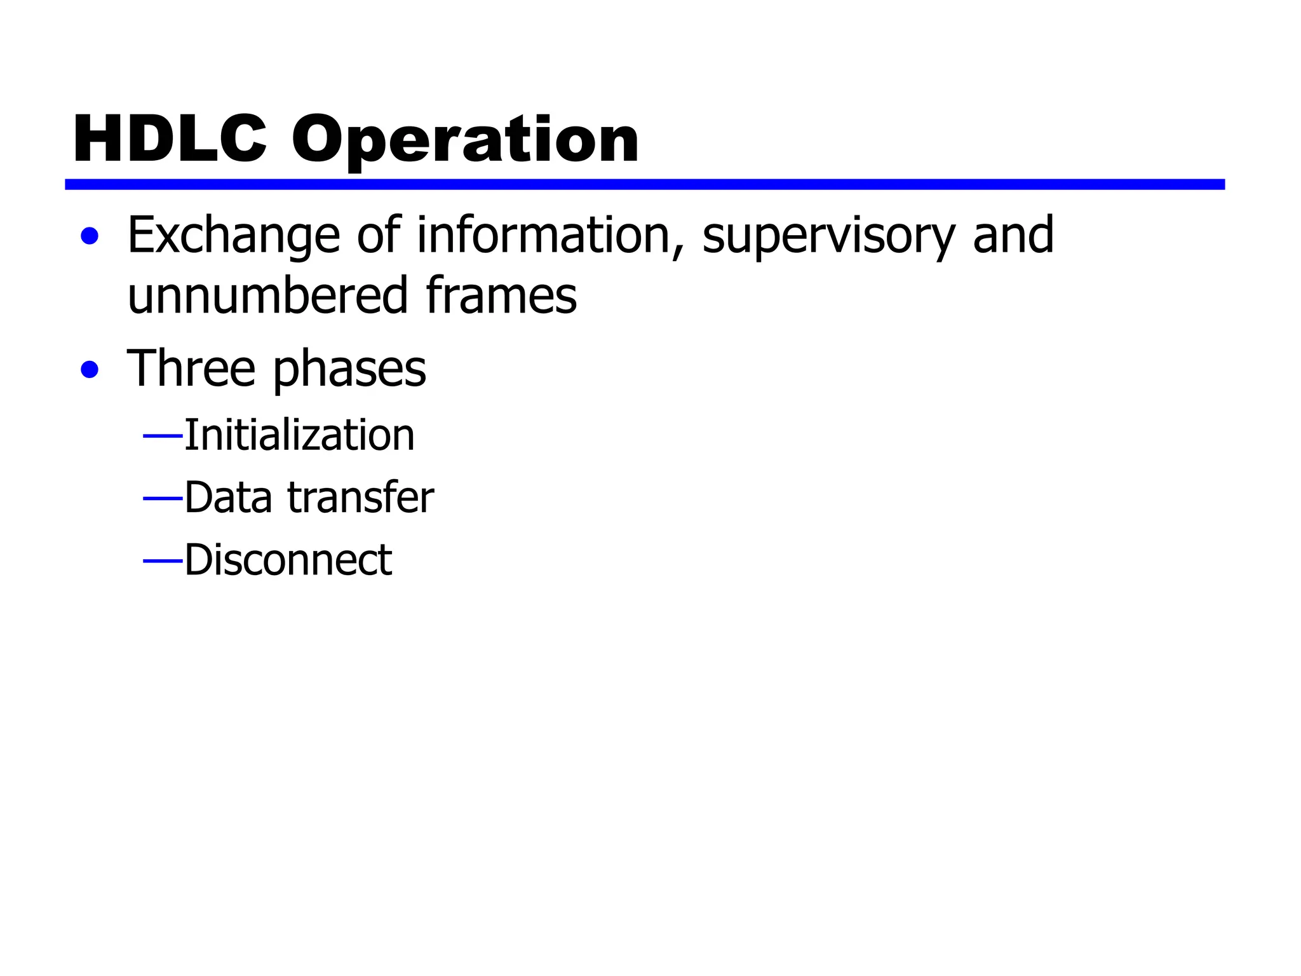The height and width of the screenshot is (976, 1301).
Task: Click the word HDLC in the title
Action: coord(170,139)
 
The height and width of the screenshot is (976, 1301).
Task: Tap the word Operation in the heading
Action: coord(465,140)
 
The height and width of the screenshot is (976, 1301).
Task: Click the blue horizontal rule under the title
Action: coord(644,184)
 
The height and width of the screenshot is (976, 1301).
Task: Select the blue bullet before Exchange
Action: coord(90,236)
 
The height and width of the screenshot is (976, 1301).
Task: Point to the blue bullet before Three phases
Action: coord(90,369)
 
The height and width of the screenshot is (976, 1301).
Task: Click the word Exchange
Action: coord(234,236)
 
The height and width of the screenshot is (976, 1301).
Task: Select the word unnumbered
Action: coord(267,295)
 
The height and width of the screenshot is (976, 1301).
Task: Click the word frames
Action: coord(501,295)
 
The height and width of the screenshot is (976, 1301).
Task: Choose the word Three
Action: coord(191,369)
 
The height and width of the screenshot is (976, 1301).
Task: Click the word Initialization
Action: coord(299,435)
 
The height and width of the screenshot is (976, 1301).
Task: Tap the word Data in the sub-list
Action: coord(228,497)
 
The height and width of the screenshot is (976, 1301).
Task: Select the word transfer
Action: coord(361,497)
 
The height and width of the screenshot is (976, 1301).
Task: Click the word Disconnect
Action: coord(288,560)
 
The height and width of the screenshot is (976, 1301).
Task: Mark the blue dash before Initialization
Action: coord(163,437)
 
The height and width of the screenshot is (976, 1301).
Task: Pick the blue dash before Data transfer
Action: coord(163,499)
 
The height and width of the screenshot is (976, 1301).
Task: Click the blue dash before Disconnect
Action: coord(163,561)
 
